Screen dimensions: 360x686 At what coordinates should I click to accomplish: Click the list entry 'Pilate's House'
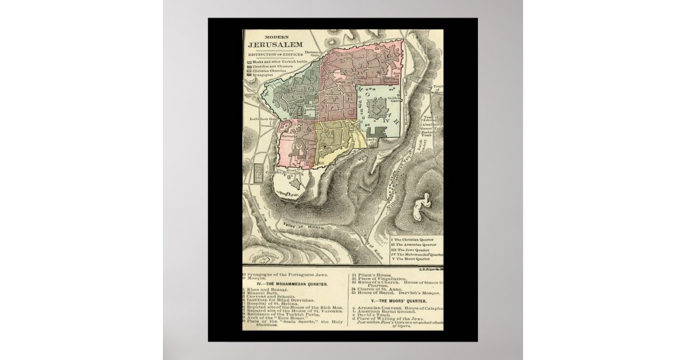pyautogui.click(x=372, y=275)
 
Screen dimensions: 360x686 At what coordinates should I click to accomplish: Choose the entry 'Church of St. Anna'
pyautogui.click(x=375, y=289)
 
